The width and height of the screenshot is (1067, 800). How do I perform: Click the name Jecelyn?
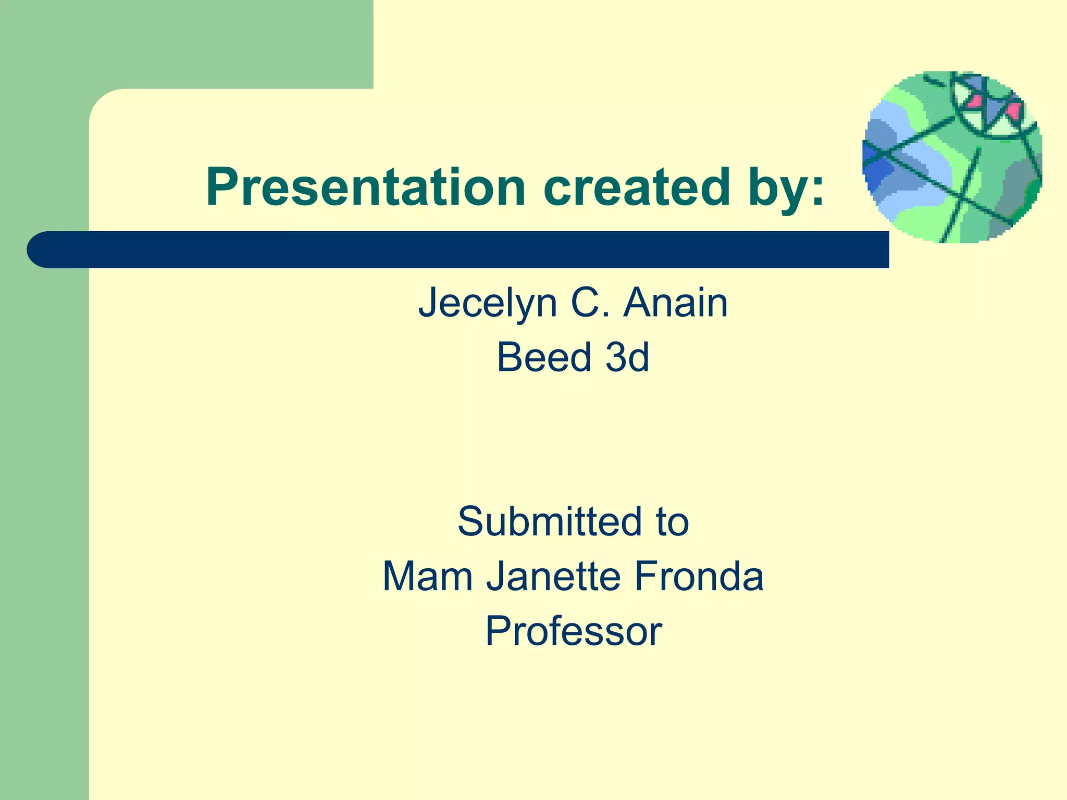[x=488, y=304]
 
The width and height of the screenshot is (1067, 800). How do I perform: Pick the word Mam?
[x=428, y=577]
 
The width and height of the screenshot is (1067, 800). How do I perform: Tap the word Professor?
[x=574, y=631]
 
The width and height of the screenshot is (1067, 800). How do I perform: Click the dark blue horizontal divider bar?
[x=469, y=250]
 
